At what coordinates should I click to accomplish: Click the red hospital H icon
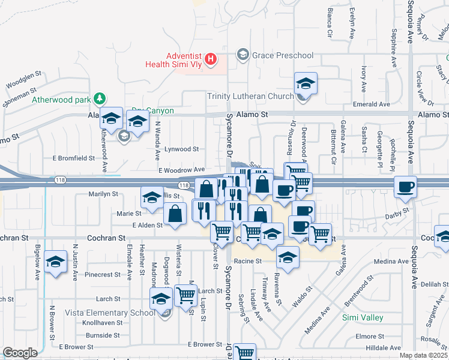pos(211,59)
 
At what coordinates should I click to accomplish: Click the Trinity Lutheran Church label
pos(250,96)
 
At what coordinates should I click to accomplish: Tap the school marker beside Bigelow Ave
pos(56,262)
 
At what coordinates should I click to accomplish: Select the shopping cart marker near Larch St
pos(186,295)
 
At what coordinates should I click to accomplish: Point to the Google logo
pos(20,353)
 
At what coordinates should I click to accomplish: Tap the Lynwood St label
pos(182,149)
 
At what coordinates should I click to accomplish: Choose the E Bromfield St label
pos(74,158)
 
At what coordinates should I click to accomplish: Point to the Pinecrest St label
pos(103,274)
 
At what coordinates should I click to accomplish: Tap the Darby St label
pos(397,211)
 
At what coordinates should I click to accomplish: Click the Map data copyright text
pos(424,355)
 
